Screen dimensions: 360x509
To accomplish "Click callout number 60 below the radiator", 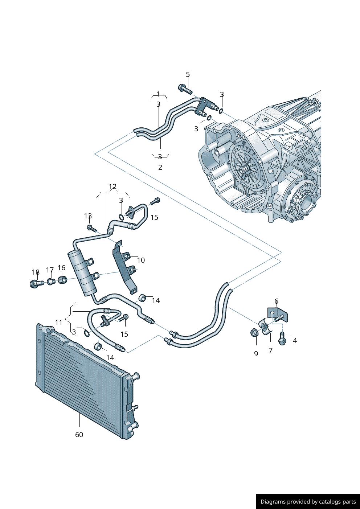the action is coord(79,435).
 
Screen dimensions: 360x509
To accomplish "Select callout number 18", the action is coord(36,272).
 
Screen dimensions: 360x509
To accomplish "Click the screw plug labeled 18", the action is coord(36,284).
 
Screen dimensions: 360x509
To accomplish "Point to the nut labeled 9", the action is coord(254,333).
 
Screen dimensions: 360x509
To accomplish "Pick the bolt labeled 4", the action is coord(282,339).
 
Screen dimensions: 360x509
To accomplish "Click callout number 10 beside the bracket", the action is coord(141,260).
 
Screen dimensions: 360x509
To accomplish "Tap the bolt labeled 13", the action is coord(91,228).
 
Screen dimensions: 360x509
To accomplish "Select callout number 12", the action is coord(112,186).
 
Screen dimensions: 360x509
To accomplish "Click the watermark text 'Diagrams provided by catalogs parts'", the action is coord(308,501).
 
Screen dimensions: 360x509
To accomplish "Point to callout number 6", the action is coord(277,301).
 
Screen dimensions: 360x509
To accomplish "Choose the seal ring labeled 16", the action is coord(62,280).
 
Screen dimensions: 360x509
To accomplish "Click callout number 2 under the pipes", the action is coord(160,167).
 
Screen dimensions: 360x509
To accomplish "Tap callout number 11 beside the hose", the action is coord(59,323).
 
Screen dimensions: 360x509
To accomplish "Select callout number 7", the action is coord(270,350).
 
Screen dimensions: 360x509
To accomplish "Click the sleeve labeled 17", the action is coord(51,282).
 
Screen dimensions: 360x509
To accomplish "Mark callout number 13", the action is coord(88,216).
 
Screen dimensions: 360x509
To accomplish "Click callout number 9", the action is coord(256,354).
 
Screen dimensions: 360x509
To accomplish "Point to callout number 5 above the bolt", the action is coord(188,74).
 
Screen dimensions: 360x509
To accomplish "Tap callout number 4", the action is coord(295,341).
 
